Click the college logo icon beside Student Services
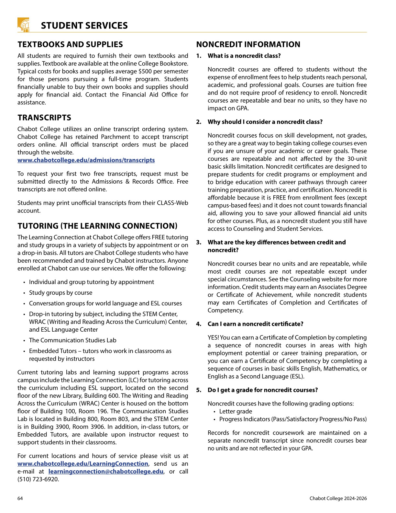[23, 25]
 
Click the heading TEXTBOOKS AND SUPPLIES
[70, 44]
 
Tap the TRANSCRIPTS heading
[44, 118]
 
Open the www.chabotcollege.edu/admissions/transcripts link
[86, 160]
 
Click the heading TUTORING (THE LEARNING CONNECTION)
[97, 226]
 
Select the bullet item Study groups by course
[60, 292]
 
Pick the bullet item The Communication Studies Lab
[72, 340]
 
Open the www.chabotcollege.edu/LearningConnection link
[83, 463]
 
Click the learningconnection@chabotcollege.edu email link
[106, 471]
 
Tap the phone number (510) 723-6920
[38, 479]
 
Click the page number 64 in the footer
[20, 498]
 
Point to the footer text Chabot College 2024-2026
[338, 498]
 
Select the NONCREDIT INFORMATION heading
[248, 44]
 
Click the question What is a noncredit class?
[244, 56]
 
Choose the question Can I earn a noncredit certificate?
[255, 324]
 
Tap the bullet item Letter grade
[236, 411]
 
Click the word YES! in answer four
[213, 337]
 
